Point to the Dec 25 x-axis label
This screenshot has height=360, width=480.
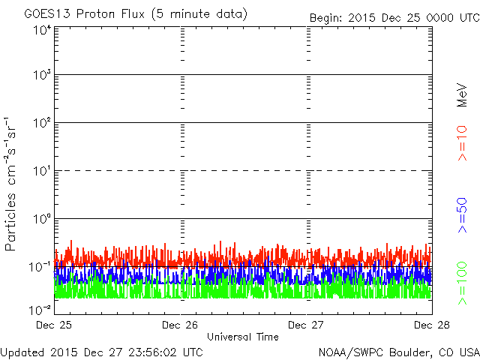pyautogui.click(x=55, y=325)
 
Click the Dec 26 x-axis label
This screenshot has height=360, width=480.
pyautogui.click(x=179, y=325)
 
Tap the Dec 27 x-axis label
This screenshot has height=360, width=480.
pyautogui.click(x=305, y=325)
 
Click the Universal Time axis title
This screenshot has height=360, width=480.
pyautogui.click(x=243, y=337)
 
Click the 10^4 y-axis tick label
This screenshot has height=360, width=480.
pyautogui.click(x=42, y=29)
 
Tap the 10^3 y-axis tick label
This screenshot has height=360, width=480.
pyautogui.click(x=42, y=75)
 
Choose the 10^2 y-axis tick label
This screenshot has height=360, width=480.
pyautogui.click(x=42, y=123)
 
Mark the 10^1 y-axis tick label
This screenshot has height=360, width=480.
pyautogui.click(x=42, y=171)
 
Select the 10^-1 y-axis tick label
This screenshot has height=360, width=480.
pyautogui.click(x=40, y=266)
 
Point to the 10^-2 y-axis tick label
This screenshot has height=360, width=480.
pyautogui.click(x=40, y=308)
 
